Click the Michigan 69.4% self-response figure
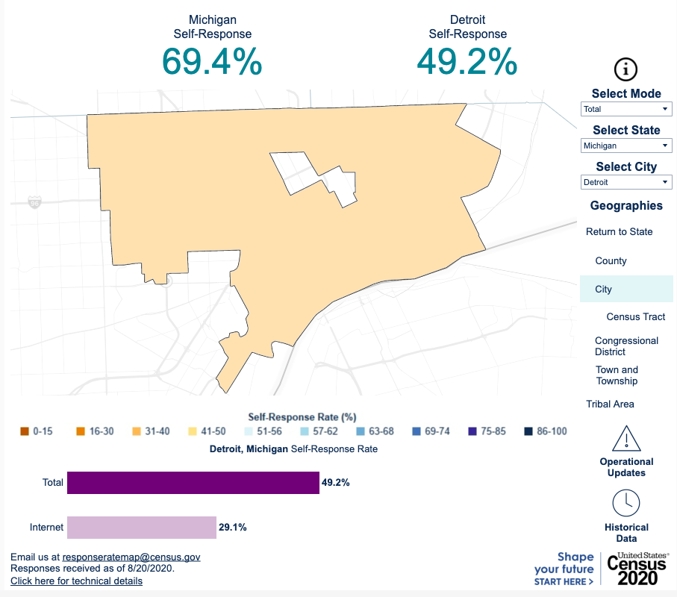212,61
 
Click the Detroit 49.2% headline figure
467,61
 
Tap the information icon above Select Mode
625,69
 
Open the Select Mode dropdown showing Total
626,109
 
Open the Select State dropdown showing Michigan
626,146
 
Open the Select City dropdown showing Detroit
626,182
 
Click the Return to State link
619,231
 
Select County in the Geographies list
611,260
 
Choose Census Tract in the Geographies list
635,316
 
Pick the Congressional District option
626,346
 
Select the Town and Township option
617,375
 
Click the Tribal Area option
610,404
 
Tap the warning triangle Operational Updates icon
626,438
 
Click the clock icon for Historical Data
626,503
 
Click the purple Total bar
193,483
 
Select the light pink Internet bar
141,528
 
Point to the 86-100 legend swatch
528,431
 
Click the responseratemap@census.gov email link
131,557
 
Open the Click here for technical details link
76,581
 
